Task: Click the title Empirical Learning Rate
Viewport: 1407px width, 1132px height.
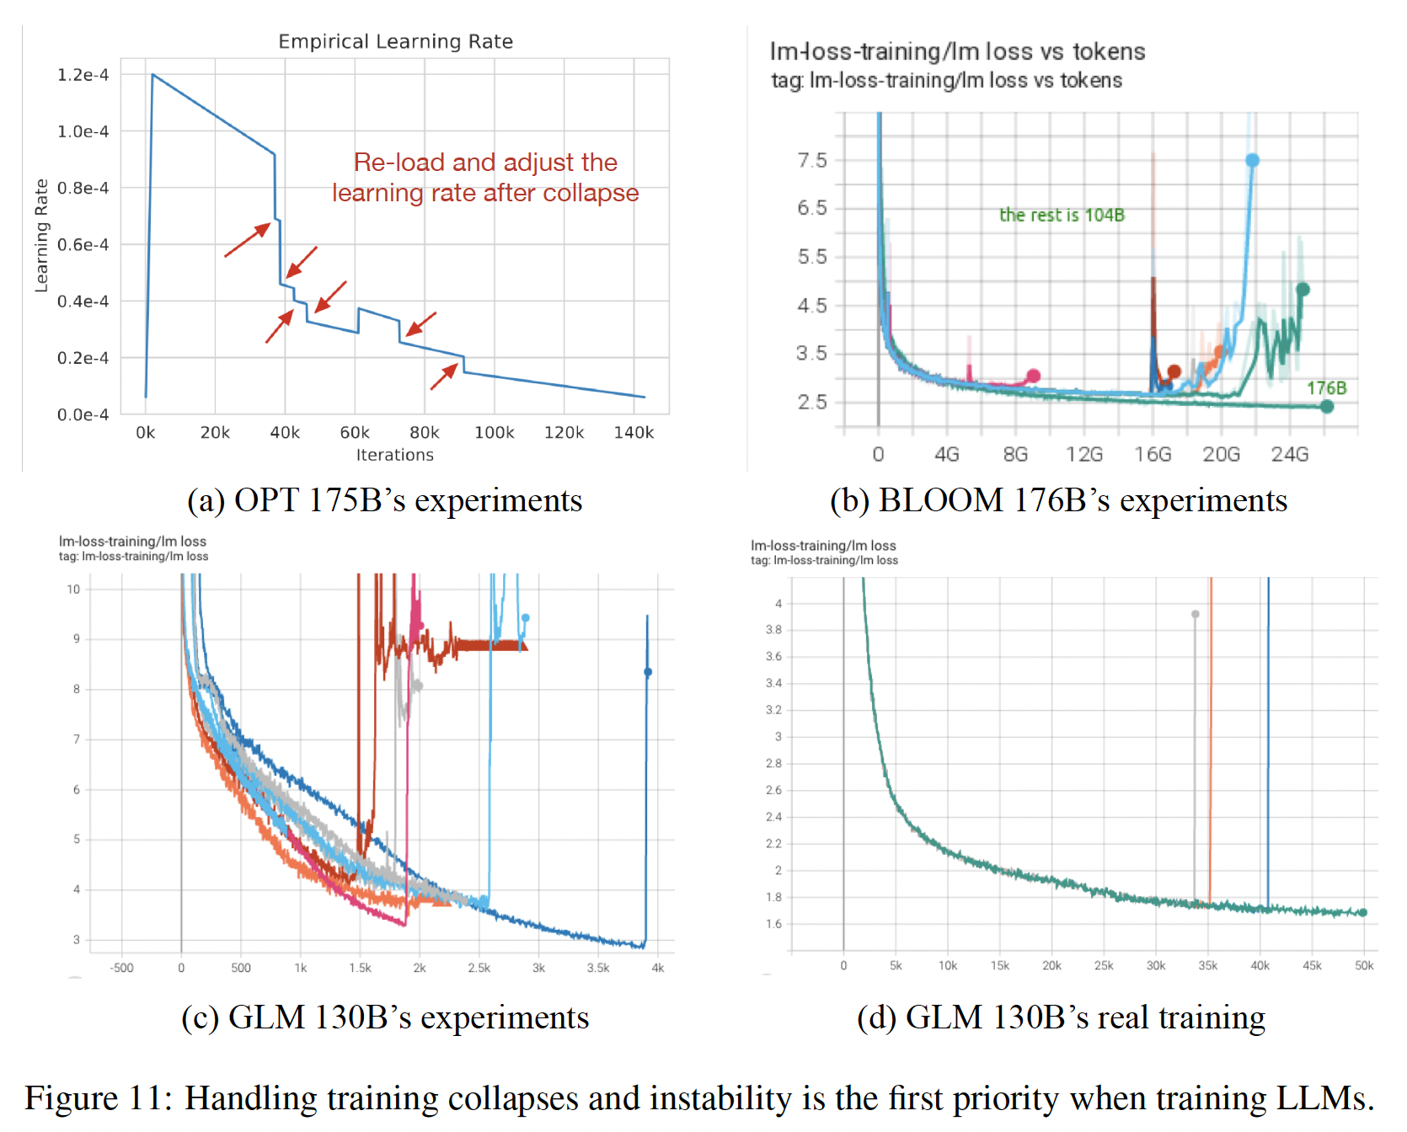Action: pos(395,41)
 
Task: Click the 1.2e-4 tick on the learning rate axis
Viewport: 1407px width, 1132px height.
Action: pos(83,75)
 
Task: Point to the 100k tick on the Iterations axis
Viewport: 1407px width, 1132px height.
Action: pos(494,432)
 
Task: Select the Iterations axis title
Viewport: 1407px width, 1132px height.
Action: pos(394,455)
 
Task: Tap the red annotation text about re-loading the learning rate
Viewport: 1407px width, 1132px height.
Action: pos(485,178)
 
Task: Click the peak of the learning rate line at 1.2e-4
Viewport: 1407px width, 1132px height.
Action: pos(152,75)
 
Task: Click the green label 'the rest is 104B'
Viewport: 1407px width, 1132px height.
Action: pos(1062,215)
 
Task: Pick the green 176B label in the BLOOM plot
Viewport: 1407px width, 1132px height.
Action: pos(1326,388)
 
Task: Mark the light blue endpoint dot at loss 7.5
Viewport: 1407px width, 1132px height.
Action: pos(1252,160)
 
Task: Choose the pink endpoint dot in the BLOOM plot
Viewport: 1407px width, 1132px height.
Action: pos(1034,376)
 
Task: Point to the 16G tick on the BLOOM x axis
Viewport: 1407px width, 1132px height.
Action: pos(1153,455)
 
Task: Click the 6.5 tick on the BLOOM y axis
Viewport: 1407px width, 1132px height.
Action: pos(812,208)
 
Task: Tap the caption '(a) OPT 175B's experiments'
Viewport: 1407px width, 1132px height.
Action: pos(384,500)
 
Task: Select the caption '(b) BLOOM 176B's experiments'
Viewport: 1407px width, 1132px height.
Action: pos(1058,500)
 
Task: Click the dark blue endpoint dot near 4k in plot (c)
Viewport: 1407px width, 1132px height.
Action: pos(648,672)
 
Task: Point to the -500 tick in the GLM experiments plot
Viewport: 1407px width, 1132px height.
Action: pos(121,968)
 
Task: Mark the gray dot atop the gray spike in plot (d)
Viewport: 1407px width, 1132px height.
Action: pos(1195,614)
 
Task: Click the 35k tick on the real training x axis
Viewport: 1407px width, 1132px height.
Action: pos(1207,966)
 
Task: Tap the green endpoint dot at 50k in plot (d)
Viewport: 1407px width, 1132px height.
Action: pos(1362,912)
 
